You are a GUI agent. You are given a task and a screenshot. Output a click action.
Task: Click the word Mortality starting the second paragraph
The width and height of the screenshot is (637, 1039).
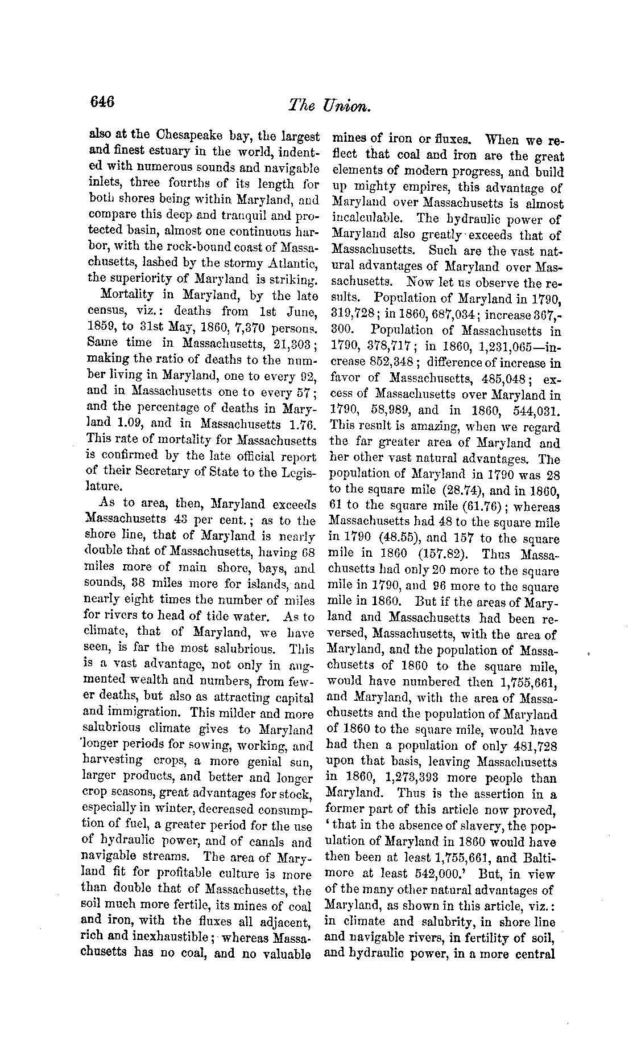coord(126,295)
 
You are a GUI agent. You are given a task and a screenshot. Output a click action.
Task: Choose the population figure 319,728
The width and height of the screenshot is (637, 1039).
coord(350,313)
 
